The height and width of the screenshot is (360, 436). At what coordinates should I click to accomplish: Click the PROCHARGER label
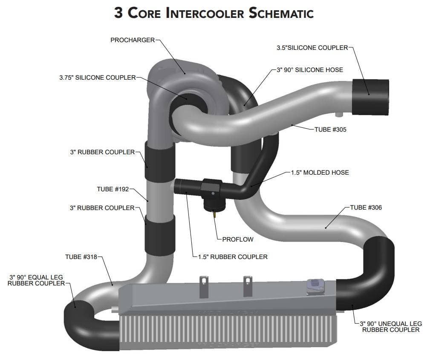(x=133, y=40)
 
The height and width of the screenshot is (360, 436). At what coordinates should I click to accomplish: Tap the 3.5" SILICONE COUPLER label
(x=312, y=48)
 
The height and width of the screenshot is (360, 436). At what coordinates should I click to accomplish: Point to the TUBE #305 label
(x=330, y=130)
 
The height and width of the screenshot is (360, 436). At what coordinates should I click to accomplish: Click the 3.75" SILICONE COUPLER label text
(x=97, y=78)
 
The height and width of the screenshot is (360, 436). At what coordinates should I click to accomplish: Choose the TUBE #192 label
(x=113, y=189)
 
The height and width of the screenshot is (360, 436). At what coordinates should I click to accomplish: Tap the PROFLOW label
(x=238, y=239)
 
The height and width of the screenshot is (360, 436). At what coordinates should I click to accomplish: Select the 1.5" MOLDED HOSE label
(x=320, y=173)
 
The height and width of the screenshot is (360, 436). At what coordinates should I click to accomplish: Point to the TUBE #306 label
(x=366, y=207)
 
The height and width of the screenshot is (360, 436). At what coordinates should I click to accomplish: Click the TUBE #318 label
(x=81, y=256)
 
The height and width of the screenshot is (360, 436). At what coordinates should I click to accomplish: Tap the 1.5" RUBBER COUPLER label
(x=233, y=256)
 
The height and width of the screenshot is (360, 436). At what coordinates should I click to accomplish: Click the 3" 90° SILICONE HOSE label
(x=310, y=69)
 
